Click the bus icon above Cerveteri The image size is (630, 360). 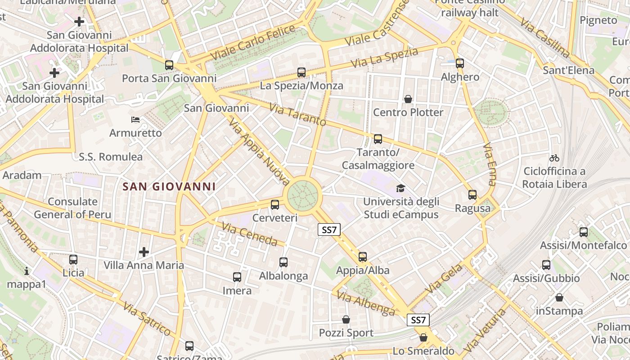(x=275, y=205)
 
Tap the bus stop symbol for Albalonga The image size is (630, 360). (x=283, y=262)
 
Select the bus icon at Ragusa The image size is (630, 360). (x=472, y=195)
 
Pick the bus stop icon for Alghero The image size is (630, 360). (x=460, y=63)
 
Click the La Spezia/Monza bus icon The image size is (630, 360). (x=301, y=72)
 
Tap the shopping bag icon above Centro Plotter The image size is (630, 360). (x=408, y=99)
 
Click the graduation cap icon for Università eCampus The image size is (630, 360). (x=400, y=188)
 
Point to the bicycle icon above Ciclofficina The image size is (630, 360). (x=554, y=158)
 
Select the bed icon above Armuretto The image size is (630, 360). (x=135, y=120)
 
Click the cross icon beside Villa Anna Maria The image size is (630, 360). (x=144, y=252)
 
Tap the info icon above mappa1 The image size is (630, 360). (x=27, y=271)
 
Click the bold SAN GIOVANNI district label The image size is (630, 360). (x=169, y=186)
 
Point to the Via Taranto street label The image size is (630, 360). (x=297, y=115)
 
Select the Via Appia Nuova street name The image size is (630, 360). (x=259, y=152)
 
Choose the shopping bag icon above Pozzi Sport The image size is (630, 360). (x=346, y=319)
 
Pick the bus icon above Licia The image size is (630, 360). (x=73, y=260)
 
